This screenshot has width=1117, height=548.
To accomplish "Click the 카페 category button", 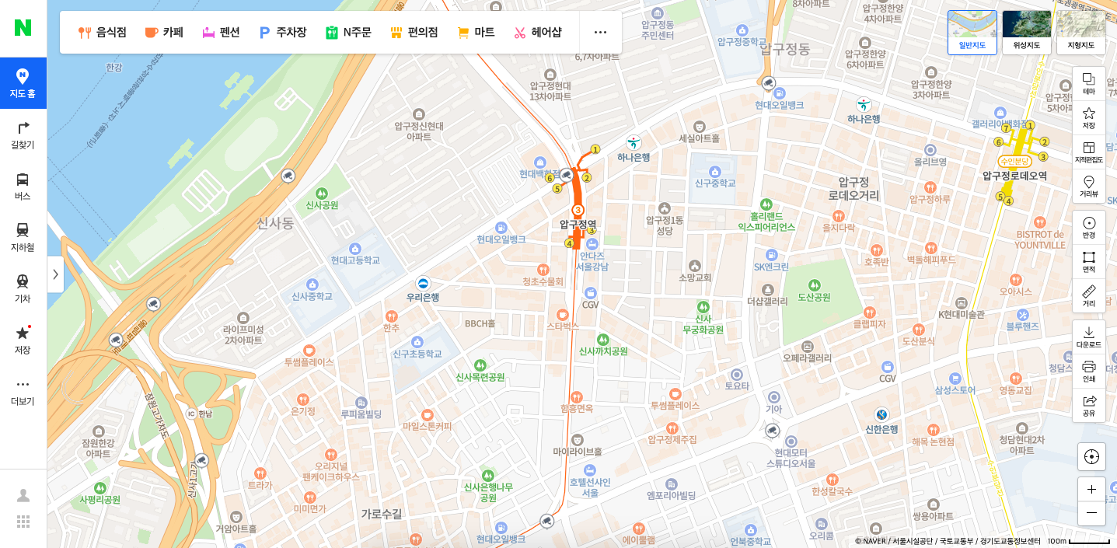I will [163, 33].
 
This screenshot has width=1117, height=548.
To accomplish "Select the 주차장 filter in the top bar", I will [283, 33].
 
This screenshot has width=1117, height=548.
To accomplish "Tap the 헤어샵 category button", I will [537, 33].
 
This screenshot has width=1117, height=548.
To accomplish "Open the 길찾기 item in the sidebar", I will [23, 135].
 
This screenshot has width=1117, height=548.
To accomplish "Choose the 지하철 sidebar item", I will [23, 237].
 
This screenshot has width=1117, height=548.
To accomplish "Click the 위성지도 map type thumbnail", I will [1026, 33].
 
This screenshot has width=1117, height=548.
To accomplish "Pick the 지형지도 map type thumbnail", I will [1080, 33].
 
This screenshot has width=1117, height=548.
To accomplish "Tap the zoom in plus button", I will [1091, 489].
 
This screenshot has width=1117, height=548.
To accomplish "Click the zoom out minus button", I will [1091, 513].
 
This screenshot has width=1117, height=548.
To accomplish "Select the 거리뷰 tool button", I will [1088, 186].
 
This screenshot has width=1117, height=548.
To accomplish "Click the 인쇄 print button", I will [1088, 371].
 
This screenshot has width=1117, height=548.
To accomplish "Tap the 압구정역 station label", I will [578, 224].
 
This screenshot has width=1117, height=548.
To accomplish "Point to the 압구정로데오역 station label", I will [1014, 176].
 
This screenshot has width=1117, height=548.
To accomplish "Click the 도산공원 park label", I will [814, 297].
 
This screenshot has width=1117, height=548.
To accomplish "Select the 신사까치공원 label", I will [603, 351].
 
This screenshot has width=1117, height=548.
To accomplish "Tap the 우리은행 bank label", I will [423, 297].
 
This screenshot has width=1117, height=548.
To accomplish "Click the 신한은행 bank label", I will [881, 428].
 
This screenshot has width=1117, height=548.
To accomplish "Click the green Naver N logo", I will [23, 28].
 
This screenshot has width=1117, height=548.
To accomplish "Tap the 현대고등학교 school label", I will [355, 260].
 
